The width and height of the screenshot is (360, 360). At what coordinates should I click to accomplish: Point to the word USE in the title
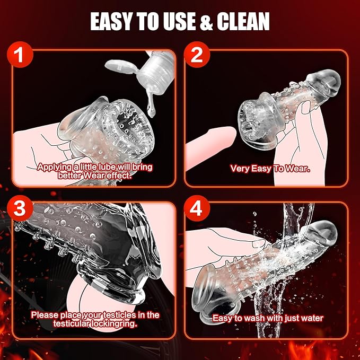178,21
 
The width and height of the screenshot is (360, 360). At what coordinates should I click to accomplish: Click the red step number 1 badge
20,55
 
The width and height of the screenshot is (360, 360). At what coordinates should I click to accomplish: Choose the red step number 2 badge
197,55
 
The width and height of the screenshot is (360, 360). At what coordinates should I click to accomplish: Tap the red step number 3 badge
20,208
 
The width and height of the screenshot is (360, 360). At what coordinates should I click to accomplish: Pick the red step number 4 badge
197,208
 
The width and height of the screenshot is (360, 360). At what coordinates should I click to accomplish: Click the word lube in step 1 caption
108,167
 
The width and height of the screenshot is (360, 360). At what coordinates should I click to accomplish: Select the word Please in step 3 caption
45,315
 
